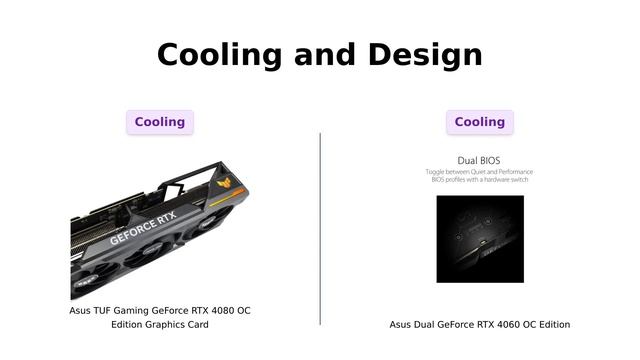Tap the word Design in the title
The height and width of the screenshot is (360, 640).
click(425, 55)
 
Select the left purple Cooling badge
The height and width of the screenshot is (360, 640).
click(160, 122)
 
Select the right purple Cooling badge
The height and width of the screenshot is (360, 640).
click(480, 122)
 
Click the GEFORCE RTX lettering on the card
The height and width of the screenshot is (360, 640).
click(143, 231)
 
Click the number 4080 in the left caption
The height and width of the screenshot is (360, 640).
click(207, 310)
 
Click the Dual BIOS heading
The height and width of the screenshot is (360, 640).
click(479, 160)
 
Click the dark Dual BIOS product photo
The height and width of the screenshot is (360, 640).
click(480, 238)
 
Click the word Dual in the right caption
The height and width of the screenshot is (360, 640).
click(424, 324)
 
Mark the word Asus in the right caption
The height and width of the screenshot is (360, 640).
click(400, 324)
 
